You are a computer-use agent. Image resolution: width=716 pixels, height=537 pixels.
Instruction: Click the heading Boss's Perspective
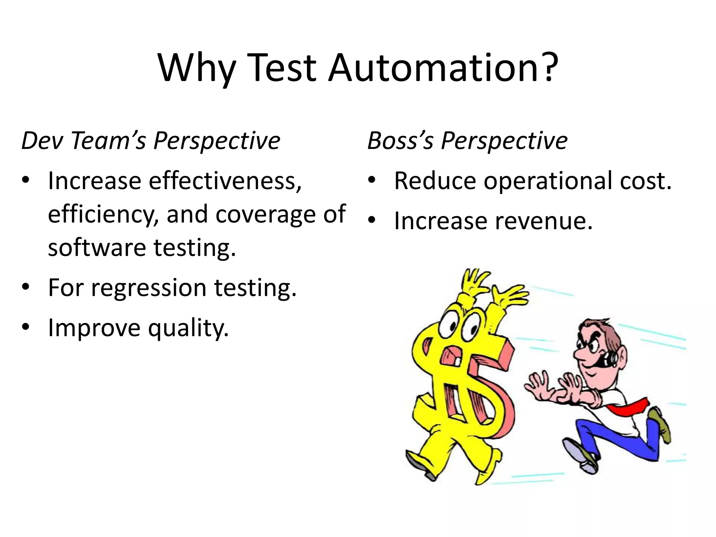pos(467,141)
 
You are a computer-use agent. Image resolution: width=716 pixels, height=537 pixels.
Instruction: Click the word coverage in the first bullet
pos(266,214)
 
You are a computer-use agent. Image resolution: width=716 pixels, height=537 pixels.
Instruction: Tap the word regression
pos(149,288)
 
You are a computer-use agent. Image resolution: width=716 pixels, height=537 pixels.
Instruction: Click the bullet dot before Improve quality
pos(26,328)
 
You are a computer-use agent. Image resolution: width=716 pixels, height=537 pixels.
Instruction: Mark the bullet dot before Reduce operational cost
pos(372,180)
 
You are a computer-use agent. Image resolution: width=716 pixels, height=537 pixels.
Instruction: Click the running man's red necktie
pos(629,406)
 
